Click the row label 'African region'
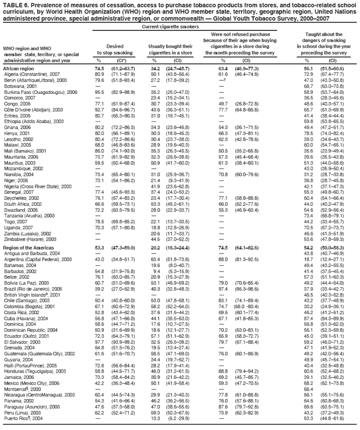click(x=19, y=68)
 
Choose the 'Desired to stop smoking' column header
click(x=114, y=49)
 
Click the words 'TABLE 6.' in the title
click(x=16, y=4)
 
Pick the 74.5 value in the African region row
click(x=99, y=68)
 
